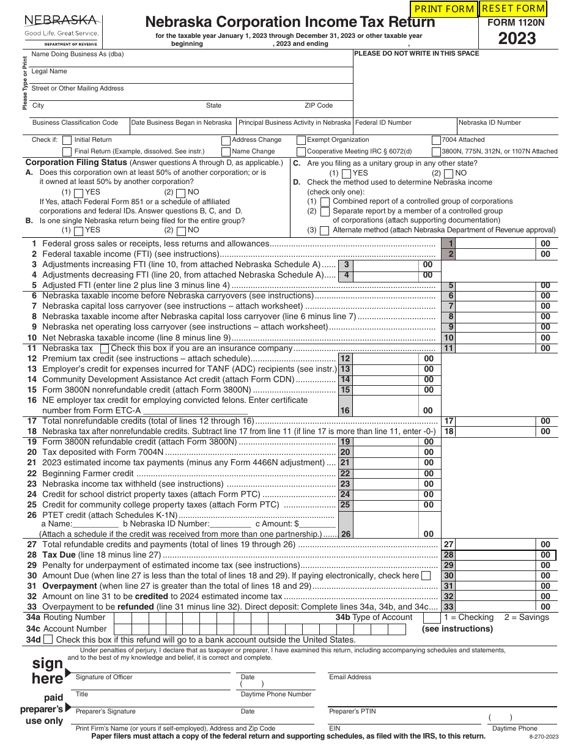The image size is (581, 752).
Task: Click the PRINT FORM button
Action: coord(444,9)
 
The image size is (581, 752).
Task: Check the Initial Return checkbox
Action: coord(67,140)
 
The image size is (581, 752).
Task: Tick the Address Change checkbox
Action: coord(226,140)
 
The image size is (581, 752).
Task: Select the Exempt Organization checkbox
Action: coord(301,140)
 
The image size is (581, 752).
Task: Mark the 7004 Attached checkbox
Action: coord(436,140)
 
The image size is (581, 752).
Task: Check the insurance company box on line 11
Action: coord(105,348)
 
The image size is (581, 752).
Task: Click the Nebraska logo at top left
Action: coord(61,28)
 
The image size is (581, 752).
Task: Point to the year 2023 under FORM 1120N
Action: coord(517,39)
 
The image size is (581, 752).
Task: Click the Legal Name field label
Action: coord(50,72)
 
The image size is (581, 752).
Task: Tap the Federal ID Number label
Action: coord(383,122)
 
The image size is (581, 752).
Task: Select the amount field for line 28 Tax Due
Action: coord(495,555)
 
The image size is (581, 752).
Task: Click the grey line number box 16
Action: coord(346,411)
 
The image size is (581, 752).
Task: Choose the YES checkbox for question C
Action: coord(347,174)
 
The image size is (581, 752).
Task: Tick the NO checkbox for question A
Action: coord(181,193)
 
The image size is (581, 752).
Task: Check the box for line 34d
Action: coord(48,640)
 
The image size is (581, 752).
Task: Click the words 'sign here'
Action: coord(48,671)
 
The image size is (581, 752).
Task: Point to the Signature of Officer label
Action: coord(104,677)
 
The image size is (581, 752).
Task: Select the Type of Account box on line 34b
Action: coord(432,617)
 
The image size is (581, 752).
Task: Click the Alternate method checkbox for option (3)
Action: coord(325,231)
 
